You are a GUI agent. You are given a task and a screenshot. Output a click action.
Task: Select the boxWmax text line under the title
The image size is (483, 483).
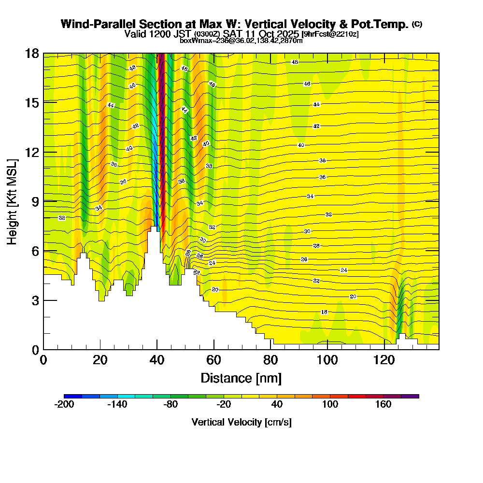(241, 41)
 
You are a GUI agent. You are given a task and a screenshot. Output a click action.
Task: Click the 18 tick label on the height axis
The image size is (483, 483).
(32, 53)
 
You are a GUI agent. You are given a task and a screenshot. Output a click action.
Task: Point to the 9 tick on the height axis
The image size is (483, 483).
(35, 201)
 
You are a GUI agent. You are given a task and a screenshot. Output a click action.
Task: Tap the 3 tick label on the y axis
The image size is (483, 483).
(35, 300)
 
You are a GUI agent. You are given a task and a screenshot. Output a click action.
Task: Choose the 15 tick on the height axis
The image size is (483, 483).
(32, 102)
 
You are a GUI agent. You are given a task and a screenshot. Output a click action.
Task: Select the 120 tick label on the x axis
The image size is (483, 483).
(384, 360)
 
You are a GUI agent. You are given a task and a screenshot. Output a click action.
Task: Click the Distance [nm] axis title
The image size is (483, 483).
(241, 378)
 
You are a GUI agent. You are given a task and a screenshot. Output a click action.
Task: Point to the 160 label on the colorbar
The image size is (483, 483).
(384, 405)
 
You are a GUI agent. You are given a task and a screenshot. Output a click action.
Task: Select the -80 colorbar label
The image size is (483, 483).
(170, 405)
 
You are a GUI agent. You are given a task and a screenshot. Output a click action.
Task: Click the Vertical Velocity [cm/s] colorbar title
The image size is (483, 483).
(241, 422)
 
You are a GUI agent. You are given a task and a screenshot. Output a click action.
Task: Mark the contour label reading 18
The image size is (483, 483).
(324, 312)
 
